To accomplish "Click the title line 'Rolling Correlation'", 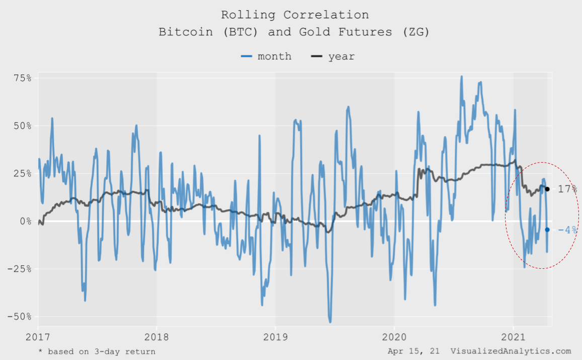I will click(295, 15).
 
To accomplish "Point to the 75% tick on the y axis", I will click(22, 78).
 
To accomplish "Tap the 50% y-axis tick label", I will click(22, 125).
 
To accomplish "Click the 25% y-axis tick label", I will click(22, 173).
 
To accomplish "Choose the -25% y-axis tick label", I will click(20, 269).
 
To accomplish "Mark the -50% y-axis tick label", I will click(20, 317).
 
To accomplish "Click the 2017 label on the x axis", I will click(38, 336).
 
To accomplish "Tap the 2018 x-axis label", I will click(156, 336).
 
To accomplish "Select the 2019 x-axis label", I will click(275, 336).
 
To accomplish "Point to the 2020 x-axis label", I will click(394, 336).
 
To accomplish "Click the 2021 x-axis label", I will click(514, 336).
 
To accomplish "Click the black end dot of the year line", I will click(547, 189).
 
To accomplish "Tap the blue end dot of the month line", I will click(547, 230).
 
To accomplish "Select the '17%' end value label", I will click(567, 189).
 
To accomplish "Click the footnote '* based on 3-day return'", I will click(97, 351).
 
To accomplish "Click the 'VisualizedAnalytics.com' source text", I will click(511, 351).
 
